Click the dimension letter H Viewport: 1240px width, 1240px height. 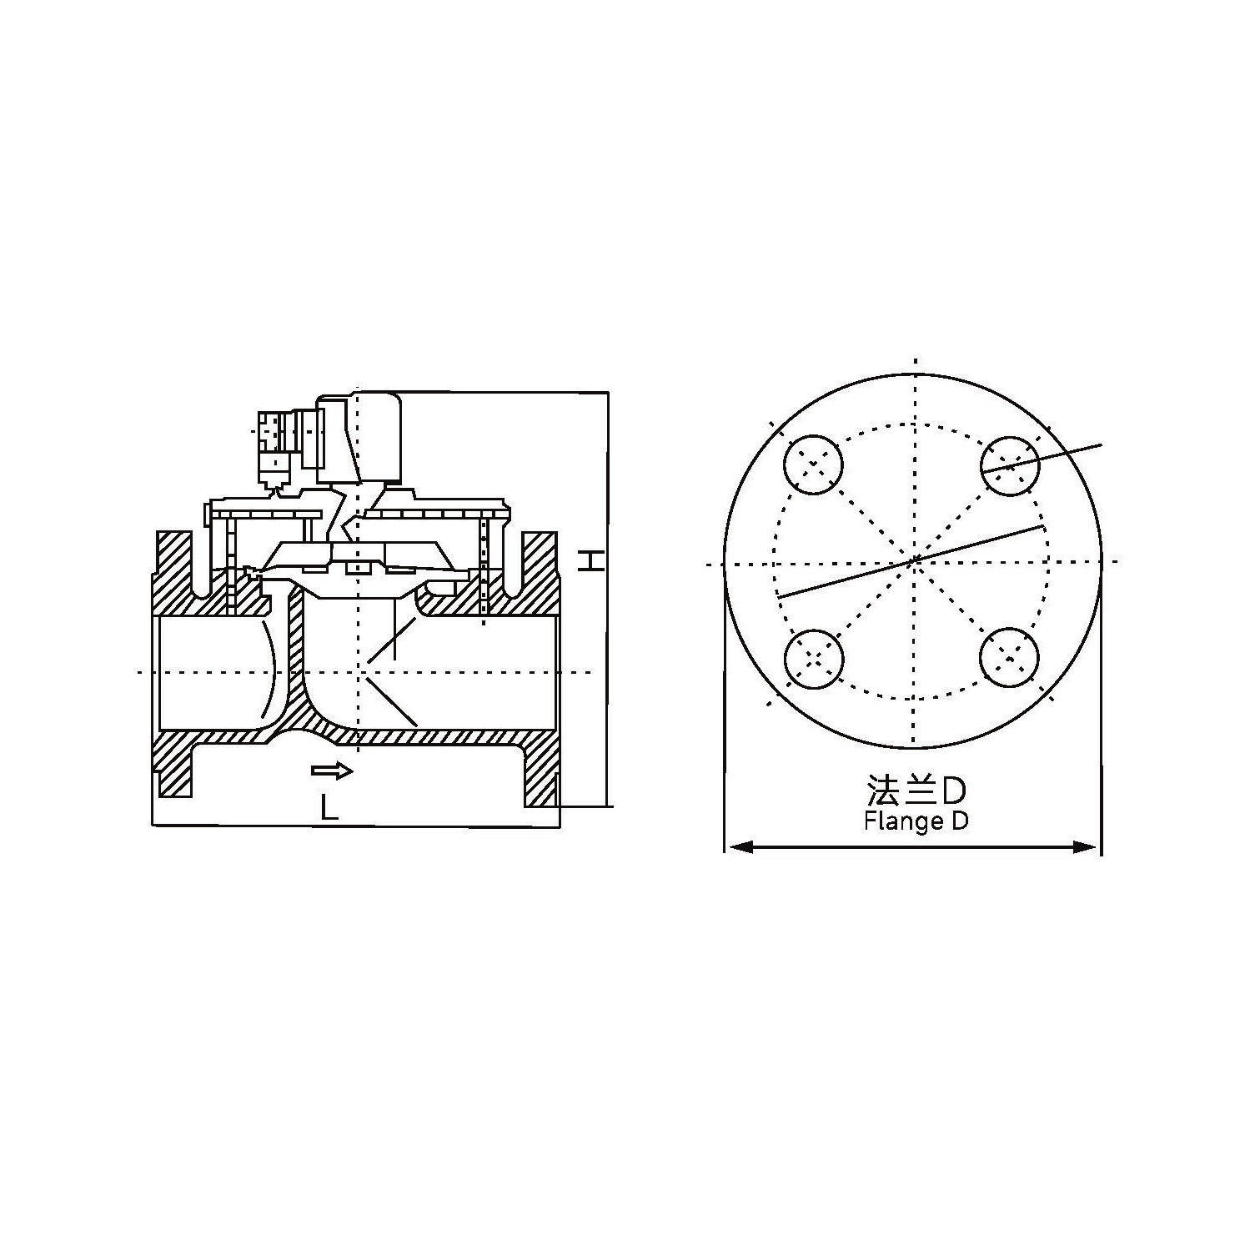click(x=590, y=560)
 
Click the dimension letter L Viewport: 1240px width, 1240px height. click(x=330, y=806)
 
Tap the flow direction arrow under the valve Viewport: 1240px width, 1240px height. click(x=332, y=771)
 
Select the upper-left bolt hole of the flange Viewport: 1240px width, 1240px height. click(x=813, y=464)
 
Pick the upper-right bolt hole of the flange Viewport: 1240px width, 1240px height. click(x=1010, y=464)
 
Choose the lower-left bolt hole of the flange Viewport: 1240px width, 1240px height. click(x=813, y=659)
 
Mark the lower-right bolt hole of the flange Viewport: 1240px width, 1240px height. click(x=1010, y=659)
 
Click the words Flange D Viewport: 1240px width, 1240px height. click(x=916, y=821)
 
